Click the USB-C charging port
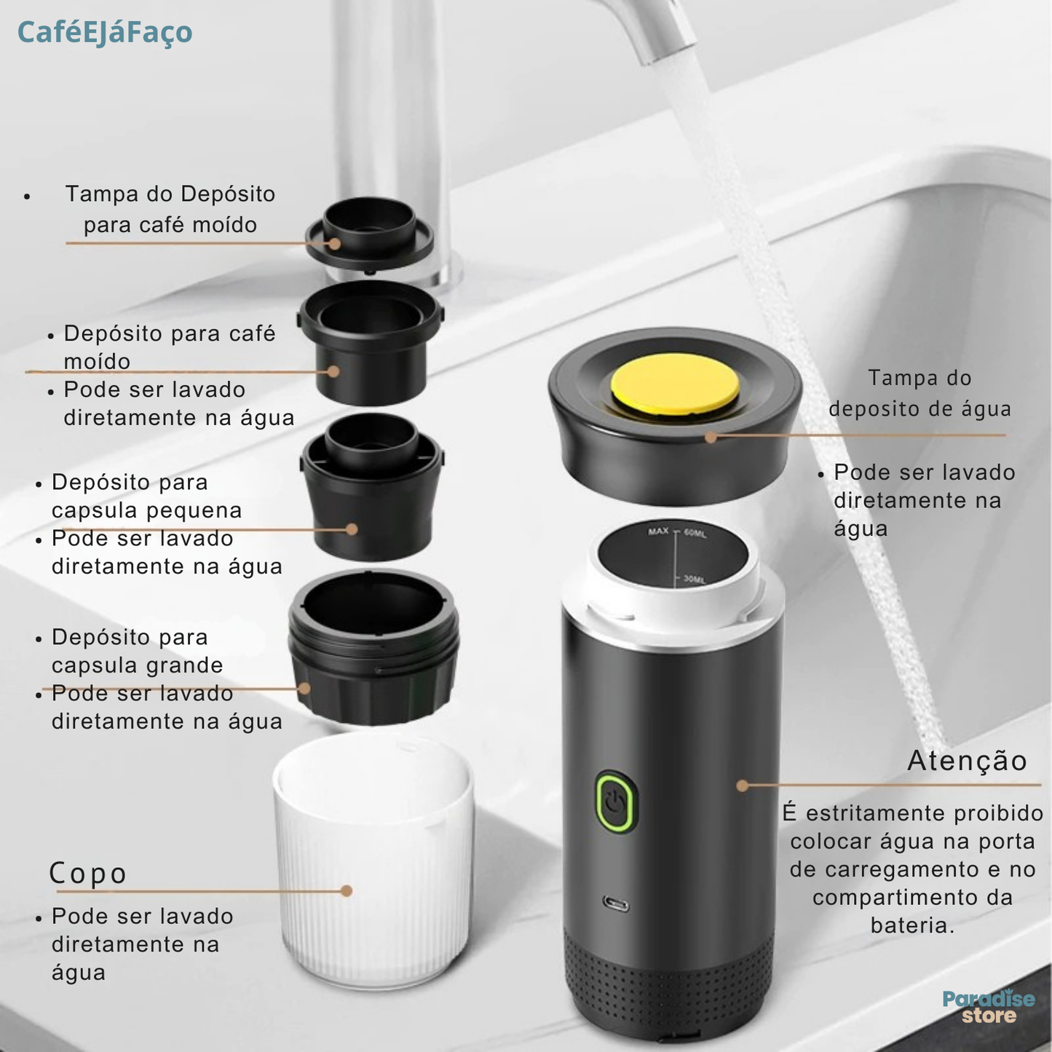pyautogui.click(x=615, y=905)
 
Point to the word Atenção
pyautogui.click(x=967, y=761)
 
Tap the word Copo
pyautogui.click(x=87, y=873)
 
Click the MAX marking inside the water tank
pyautogui.click(x=658, y=531)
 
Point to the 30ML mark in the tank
pyautogui.click(x=694, y=579)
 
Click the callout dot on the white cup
pyautogui.click(x=346, y=891)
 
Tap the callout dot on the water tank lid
pyautogui.click(x=711, y=438)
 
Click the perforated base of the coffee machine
pyautogui.click(x=669, y=983)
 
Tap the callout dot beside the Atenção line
pyautogui.click(x=742, y=786)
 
